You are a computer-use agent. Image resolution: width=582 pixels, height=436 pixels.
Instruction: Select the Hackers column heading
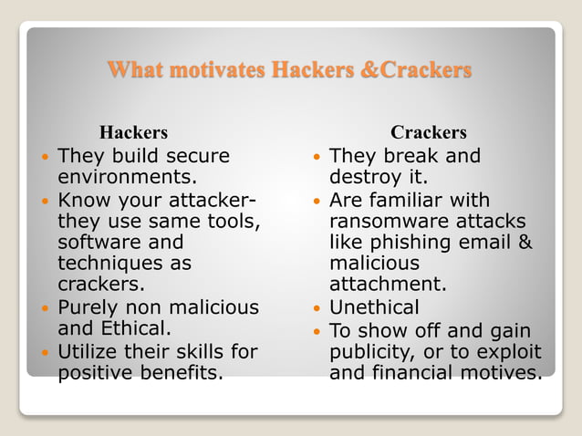tap(133, 133)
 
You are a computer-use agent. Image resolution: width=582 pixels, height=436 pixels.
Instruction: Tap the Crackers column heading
tap(429, 133)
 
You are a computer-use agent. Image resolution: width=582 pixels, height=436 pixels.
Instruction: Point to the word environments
tap(129, 177)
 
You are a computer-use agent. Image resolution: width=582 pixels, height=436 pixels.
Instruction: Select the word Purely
tap(88, 307)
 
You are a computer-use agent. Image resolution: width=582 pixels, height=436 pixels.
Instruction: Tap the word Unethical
tap(375, 307)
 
